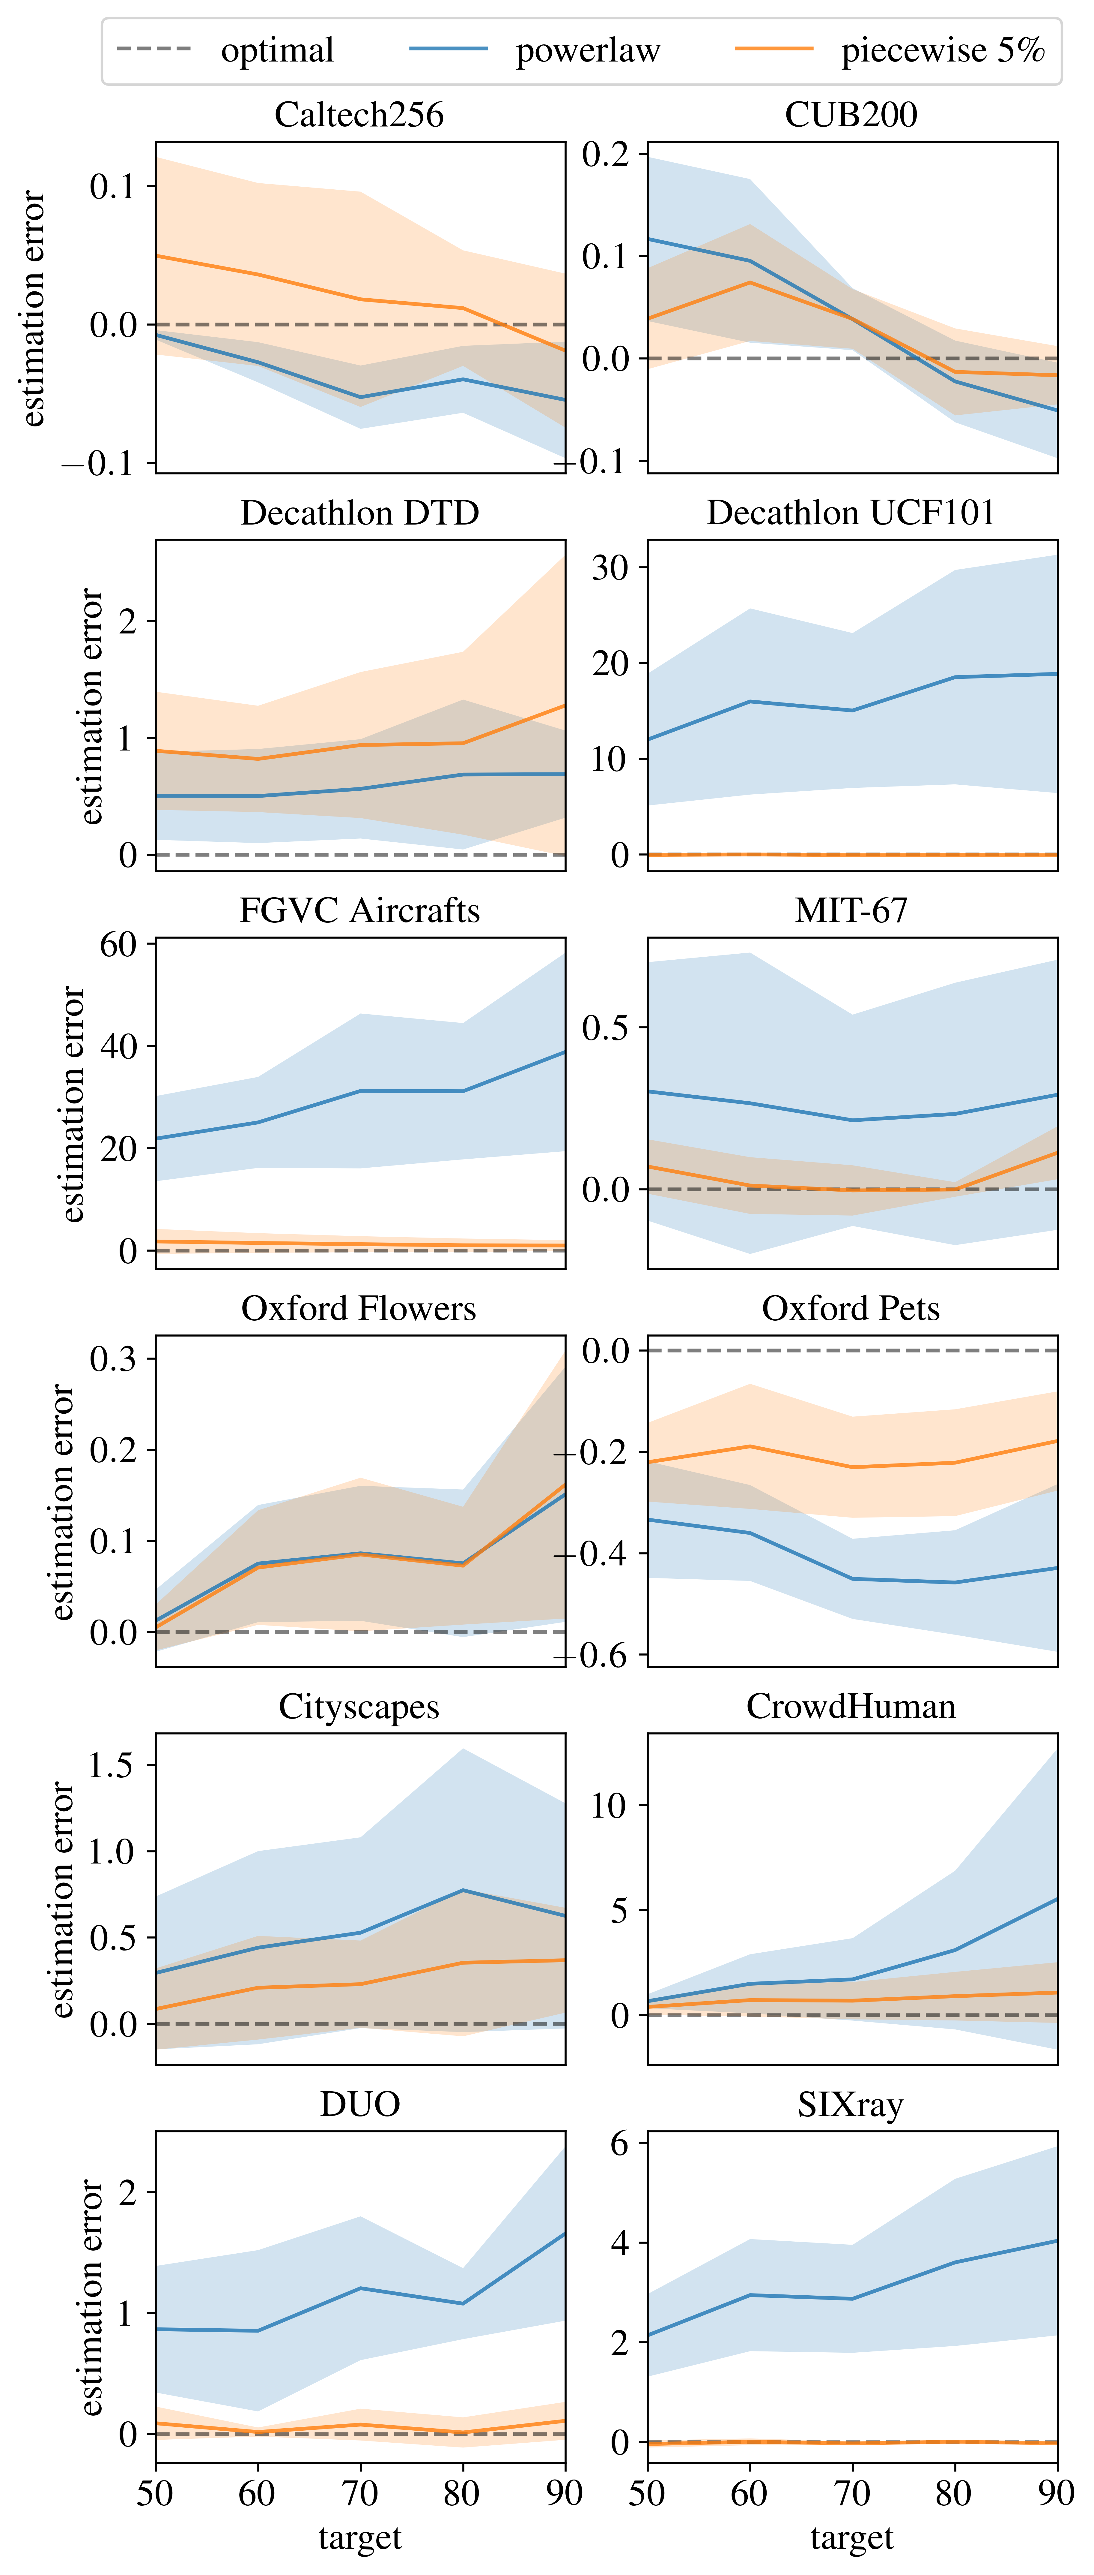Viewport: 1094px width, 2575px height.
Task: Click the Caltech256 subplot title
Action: [x=360, y=115]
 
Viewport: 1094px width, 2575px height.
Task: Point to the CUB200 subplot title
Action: [x=851, y=115]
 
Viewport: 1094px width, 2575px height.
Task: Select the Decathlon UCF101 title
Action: [x=851, y=513]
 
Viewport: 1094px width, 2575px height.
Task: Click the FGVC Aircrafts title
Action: [x=360, y=911]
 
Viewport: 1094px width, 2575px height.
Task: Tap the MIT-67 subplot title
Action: [x=851, y=911]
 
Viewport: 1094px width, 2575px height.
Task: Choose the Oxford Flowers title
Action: [x=360, y=1308]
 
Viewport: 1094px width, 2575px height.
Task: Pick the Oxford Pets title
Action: [x=851, y=1308]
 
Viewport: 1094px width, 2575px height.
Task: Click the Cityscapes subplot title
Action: [x=360, y=1706]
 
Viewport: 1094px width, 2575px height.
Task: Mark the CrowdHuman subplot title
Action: [x=851, y=1706]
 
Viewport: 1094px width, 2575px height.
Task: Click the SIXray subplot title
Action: [x=851, y=2104]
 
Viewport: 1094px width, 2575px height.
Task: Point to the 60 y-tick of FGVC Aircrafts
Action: [x=118, y=944]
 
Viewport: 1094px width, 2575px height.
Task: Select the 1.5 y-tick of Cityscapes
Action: [x=111, y=1764]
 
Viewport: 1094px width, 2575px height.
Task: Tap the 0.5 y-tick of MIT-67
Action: [x=605, y=1027]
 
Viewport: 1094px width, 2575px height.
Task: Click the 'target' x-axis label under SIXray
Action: [x=851, y=2537]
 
